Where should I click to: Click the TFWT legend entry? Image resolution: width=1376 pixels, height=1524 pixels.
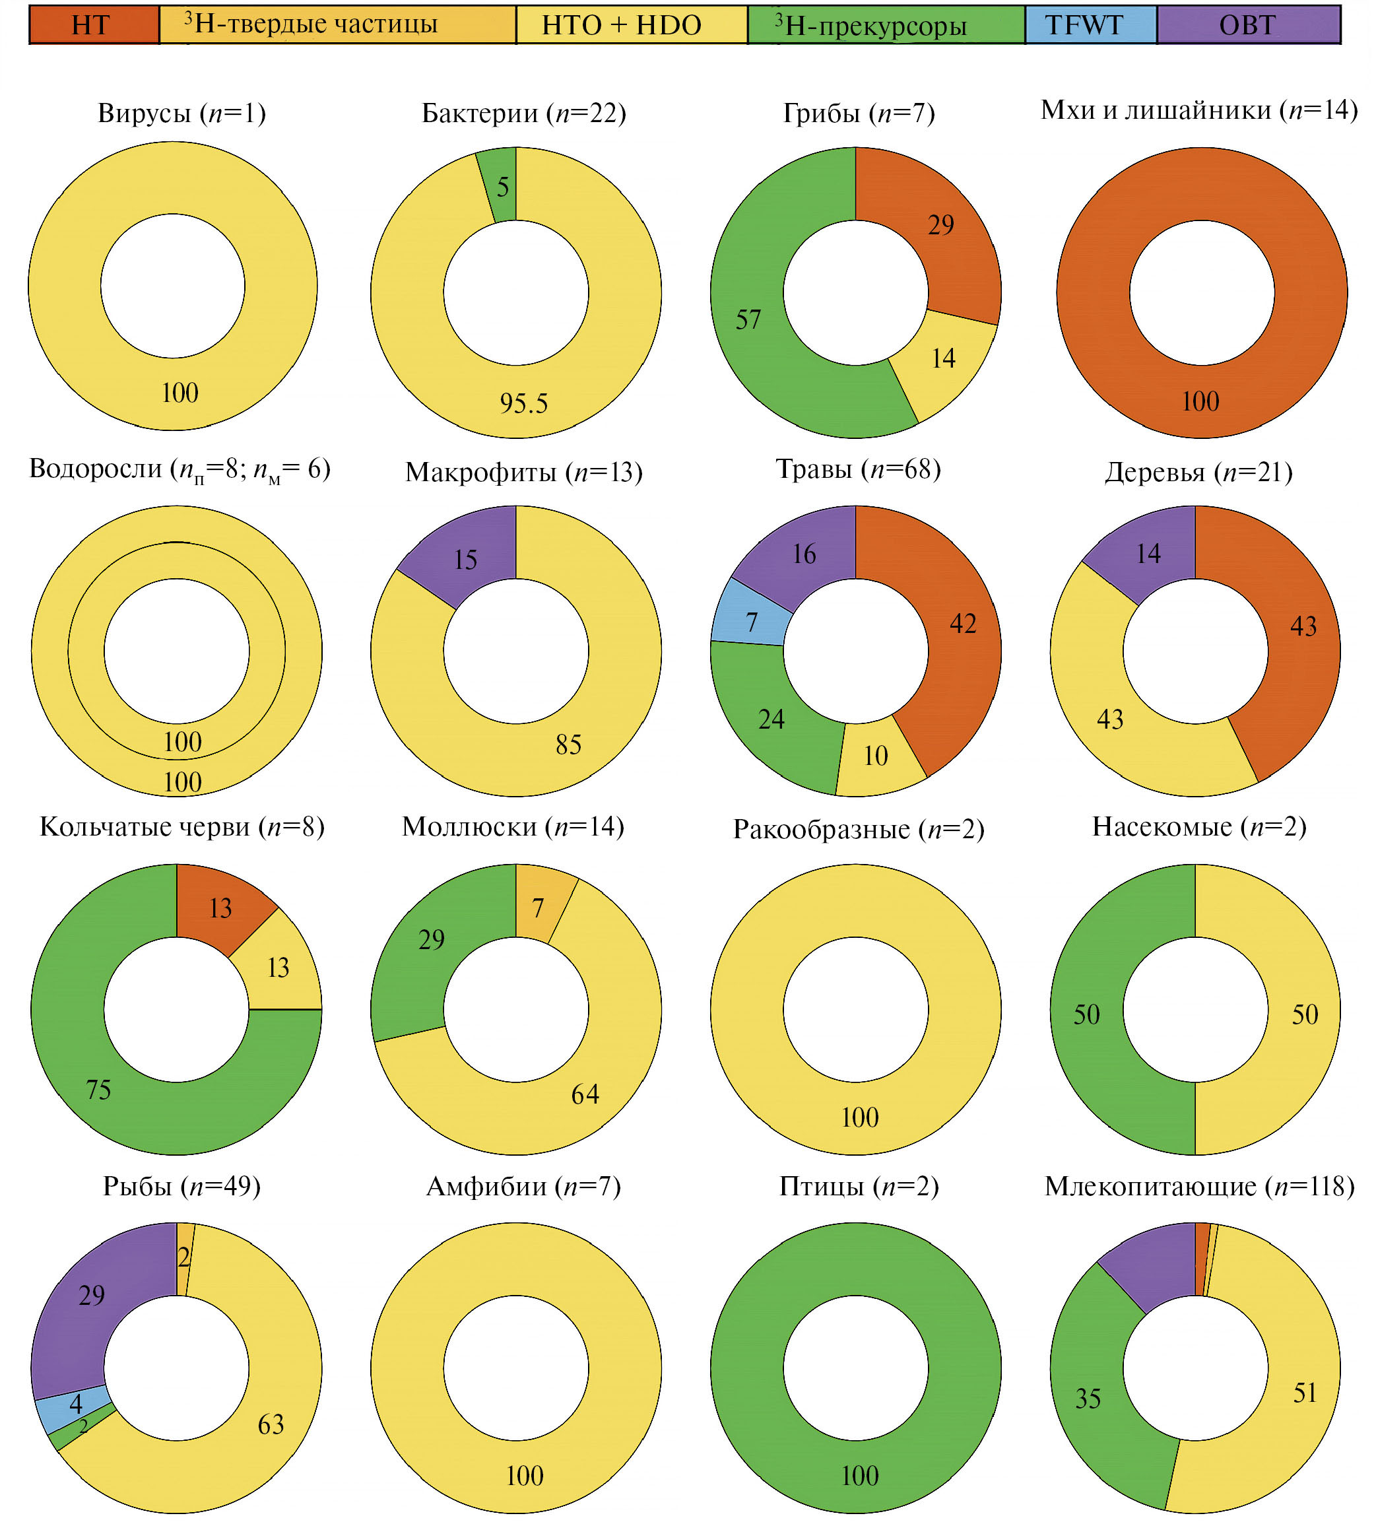click(x=1090, y=25)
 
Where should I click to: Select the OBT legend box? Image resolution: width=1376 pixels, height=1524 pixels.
click(x=1247, y=25)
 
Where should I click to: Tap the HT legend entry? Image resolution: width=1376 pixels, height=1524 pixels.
click(x=93, y=25)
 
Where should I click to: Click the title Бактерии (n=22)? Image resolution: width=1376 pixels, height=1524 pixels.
click(x=523, y=114)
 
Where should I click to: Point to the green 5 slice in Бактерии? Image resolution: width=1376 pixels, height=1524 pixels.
click(x=502, y=186)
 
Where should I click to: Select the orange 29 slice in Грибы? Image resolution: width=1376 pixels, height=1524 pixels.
click(x=940, y=224)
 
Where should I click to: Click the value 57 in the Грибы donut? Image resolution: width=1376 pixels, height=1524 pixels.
click(x=748, y=319)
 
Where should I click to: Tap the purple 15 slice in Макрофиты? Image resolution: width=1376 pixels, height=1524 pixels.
click(x=465, y=560)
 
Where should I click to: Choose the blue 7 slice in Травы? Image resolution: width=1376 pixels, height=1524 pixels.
click(x=751, y=621)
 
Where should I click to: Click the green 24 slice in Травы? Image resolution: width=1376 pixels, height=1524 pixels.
click(x=771, y=719)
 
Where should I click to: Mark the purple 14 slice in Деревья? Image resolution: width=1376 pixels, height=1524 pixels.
click(x=1148, y=553)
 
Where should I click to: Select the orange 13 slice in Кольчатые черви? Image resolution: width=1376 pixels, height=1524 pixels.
click(x=220, y=907)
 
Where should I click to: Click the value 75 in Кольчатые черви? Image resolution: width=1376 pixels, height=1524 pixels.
click(x=98, y=1089)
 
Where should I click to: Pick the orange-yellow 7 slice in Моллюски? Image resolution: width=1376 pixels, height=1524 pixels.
click(x=539, y=906)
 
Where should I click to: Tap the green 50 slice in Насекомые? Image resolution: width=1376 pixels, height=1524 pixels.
click(x=1086, y=1014)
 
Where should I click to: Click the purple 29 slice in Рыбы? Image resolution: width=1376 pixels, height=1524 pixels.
click(x=92, y=1295)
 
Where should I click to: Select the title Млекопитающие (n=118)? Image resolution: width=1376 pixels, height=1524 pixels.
click(x=1199, y=1186)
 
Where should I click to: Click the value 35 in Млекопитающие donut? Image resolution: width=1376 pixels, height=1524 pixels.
click(x=1087, y=1399)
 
